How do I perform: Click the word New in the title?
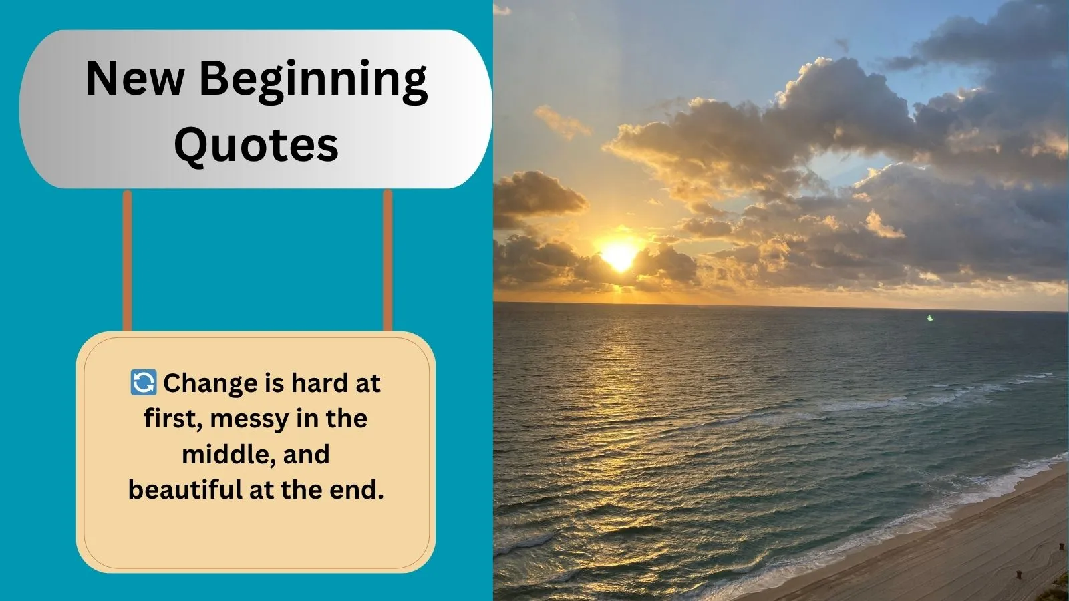tap(135, 78)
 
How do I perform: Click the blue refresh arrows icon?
tap(143, 382)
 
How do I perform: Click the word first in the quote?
tap(170, 419)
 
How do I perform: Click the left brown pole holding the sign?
tap(127, 260)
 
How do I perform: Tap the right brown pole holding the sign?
tap(388, 260)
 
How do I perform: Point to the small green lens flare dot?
tap(929, 318)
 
